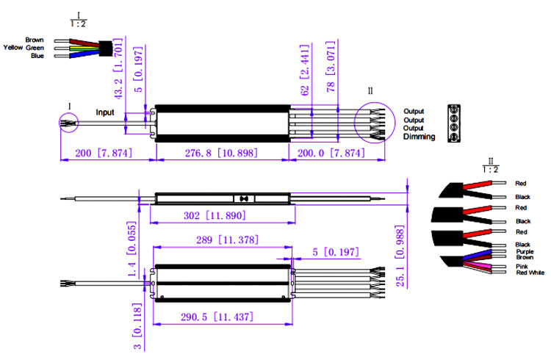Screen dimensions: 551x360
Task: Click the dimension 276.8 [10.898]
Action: (221, 153)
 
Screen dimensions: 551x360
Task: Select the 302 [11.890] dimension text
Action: (215, 215)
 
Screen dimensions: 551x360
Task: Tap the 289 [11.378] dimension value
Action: (227, 240)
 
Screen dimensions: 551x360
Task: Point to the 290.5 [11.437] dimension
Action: (217, 317)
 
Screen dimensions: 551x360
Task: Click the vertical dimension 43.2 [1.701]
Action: (118, 68)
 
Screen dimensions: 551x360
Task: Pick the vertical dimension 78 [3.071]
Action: (331, 66)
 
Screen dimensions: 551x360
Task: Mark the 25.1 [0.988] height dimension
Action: (400, 256)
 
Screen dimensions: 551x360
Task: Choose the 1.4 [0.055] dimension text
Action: (132, 249)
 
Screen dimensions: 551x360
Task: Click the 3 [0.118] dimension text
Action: (137, 326)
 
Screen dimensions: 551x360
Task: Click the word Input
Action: (105, 112)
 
